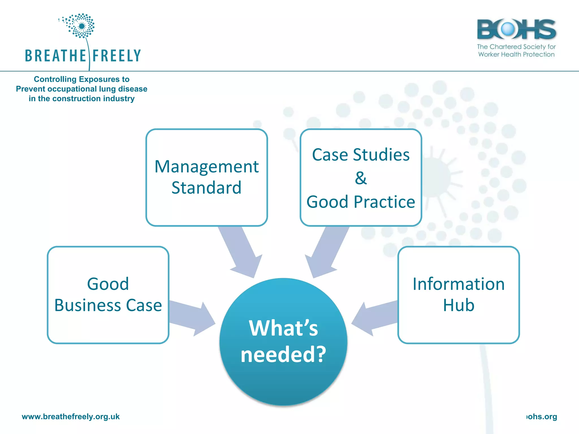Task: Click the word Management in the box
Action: [206, 167]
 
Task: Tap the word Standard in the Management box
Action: [206, 188]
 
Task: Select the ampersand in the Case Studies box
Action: [361, 178]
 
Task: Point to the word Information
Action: [459, 284]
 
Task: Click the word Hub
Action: [459, 305]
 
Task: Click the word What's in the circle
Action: [283, 328]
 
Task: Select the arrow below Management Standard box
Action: [242, 251]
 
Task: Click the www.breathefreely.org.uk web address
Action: [71, 416]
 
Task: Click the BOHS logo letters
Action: [516, 29]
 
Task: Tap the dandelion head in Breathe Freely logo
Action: [81, 26]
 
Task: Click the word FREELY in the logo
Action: [116, 56]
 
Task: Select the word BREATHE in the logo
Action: [55, 56]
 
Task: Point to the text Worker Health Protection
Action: [516, 54]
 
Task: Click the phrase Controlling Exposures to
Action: [81, 79]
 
